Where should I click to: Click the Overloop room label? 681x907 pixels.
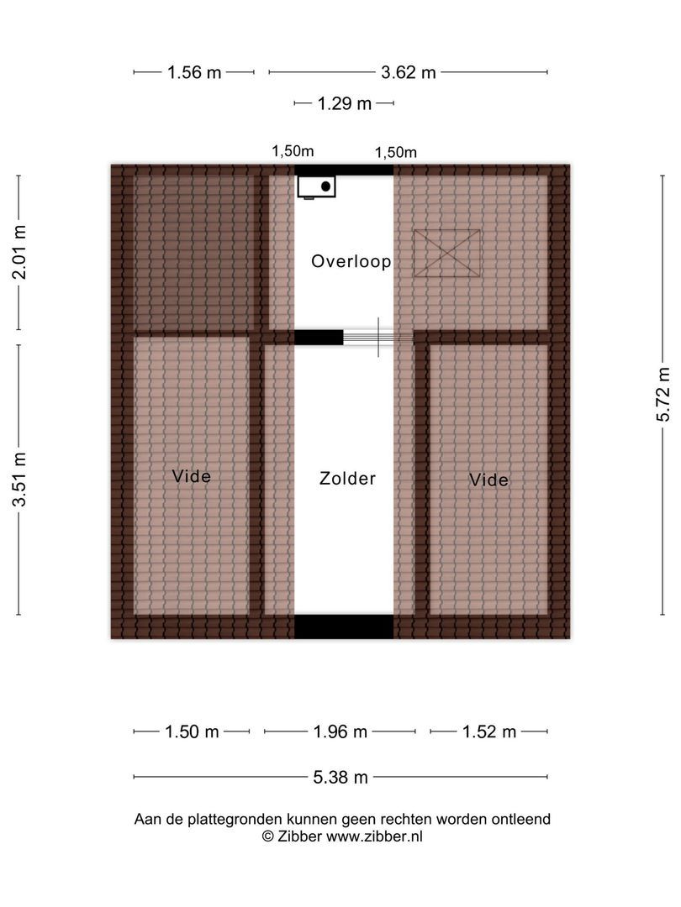click(351, 261)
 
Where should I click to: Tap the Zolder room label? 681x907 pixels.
click(347, 479)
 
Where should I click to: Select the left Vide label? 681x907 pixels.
click(191, 476)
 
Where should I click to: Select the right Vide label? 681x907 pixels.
click(488, 480)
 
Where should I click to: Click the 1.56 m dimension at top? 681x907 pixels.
click(194, 72)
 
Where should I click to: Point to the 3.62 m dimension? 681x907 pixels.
click(409, 72)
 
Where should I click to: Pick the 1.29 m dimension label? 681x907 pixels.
click(344, 104)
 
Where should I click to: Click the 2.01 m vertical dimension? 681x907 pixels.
click(19, 253)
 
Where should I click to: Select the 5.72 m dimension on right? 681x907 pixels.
click(663, 395)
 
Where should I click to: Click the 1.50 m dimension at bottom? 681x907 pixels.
click(192, 732)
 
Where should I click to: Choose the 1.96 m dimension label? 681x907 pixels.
click(340, 732)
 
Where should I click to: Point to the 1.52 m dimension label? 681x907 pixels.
click(488, 732)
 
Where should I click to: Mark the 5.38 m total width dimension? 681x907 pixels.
click(340, 778)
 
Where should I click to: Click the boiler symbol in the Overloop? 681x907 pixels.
click(317, 186)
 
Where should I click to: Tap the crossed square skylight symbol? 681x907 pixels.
click(447, 253)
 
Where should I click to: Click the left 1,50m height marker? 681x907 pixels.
click(292, 151)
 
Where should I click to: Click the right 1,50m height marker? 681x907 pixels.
click(396, 152)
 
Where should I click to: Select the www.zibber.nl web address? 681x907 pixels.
click(374, 836)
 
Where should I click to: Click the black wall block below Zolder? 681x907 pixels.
click(344, 627)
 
